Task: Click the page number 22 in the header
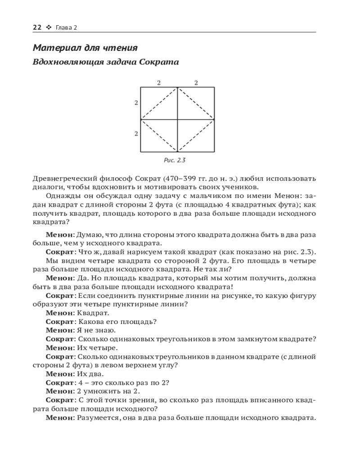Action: (x=37, y=27)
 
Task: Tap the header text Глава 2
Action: (x=66, y=28)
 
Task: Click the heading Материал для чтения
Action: (x=85, y=48)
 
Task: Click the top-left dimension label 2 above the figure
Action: (x=158, y=82)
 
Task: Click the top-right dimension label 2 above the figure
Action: (x=196, y=82)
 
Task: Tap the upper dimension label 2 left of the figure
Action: (x=136, y=103)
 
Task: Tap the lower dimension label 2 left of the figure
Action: (x=136, y=134)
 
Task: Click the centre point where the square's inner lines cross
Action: (x=177, y=119)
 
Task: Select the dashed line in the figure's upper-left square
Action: (x=159, y=103)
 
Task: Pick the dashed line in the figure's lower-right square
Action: (x=196, y=135)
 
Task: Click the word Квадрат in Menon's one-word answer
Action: (x=93, y=313)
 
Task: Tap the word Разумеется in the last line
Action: (x=99, y=418)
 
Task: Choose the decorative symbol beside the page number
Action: (x=49, y=28)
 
